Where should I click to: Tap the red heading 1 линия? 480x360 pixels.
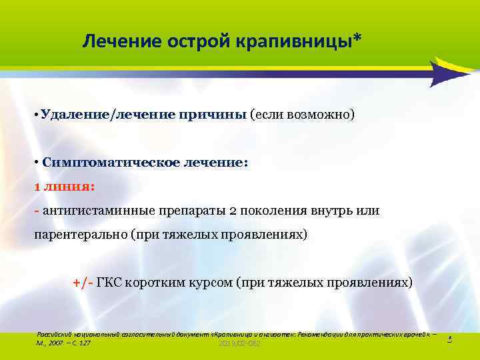[x=65, y=187]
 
